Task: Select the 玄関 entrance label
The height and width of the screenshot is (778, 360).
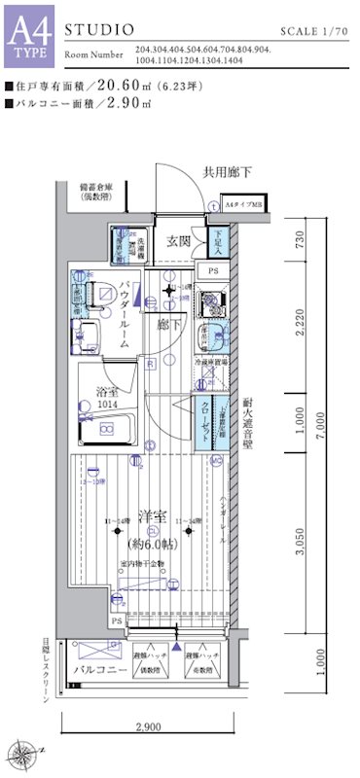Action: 178,241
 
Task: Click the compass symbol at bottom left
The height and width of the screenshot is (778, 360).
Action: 22,750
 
